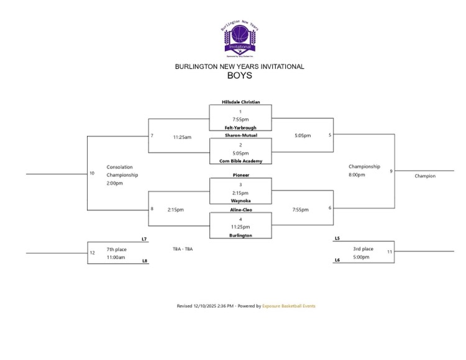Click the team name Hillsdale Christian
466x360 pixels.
[x=240, y=102]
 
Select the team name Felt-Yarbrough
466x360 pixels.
[x=240, y=128]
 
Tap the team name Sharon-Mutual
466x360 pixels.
[x=240, y=135]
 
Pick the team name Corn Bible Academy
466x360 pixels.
[x=240, y=161]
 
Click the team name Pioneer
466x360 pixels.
[x=240, y=176]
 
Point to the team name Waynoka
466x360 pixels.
[x=240, y=201]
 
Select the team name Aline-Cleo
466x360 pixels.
[x=240, y=210]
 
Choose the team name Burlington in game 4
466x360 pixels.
[x=240, y=236]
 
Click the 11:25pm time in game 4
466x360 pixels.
[x=240, y=227]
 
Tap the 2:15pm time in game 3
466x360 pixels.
[x=240, y=192]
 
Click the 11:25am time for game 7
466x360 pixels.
[x=182, y=137]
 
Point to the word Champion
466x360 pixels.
[x=425, y=176]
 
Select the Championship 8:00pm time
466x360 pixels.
[x=357, y=175]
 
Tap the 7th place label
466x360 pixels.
[x=116, y=248]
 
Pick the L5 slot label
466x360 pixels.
[x=337, y=238]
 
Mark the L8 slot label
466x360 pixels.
[x=144, y=261]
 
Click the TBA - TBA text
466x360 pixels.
[x=183, y=249]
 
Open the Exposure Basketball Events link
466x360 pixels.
[x=289, y=306]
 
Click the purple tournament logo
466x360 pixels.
[x=239, y=38]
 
